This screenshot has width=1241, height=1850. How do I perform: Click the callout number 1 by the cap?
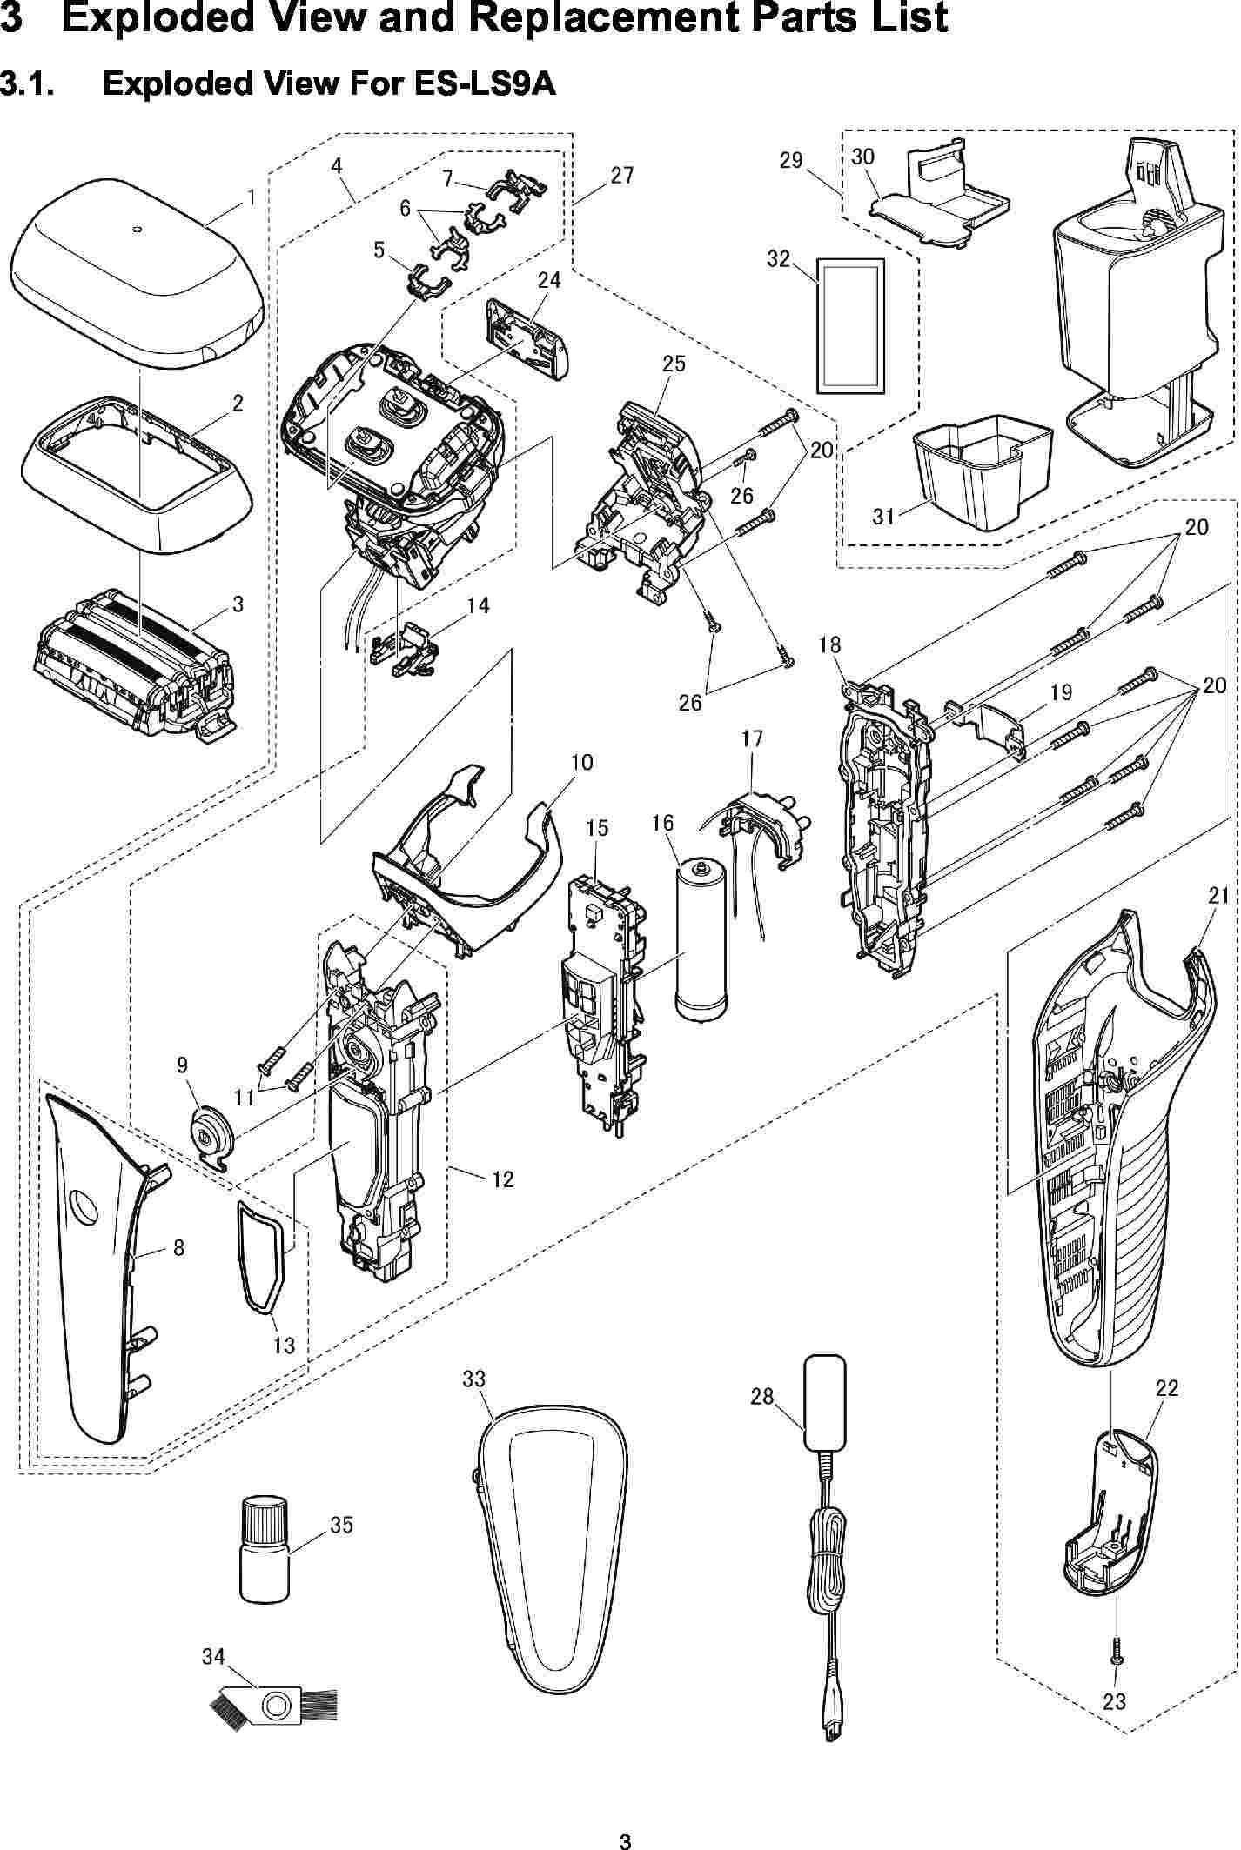click(x=252, y=197)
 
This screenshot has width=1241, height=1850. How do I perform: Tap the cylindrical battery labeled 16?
click(x=700, y=939)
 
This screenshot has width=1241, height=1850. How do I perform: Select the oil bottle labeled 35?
click(x=262, y=1560)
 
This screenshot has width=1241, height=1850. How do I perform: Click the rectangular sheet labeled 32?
click(x=849, y=326)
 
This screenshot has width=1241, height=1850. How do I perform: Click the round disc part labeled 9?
click(x=211, y=1133)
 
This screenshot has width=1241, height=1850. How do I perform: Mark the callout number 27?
click(x=621, y=176)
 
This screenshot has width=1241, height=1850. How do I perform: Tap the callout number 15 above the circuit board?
click(x=596, y=828)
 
